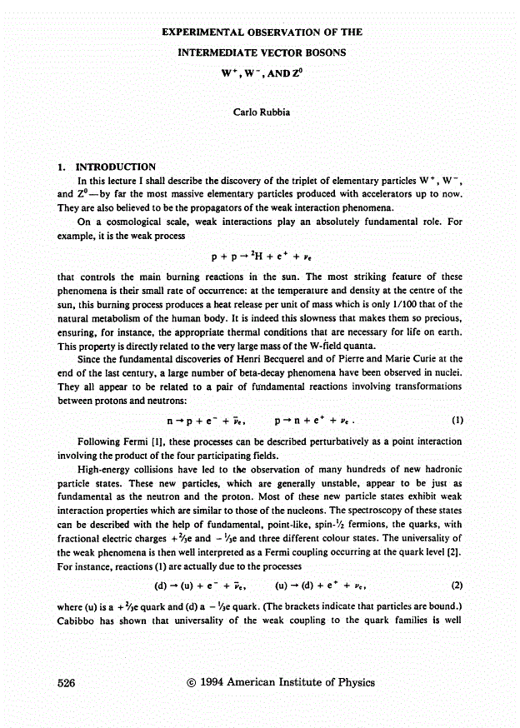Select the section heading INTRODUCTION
pyautogui.click(x=117, y=167)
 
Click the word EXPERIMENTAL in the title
pyautogui.click(x=206, y=32)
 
